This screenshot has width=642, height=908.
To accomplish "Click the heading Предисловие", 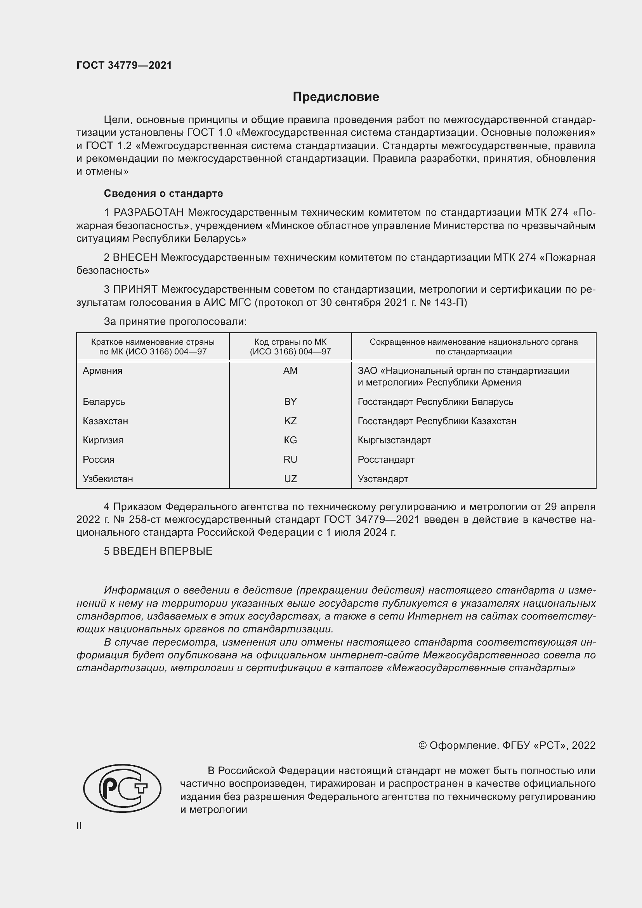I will [336, 97].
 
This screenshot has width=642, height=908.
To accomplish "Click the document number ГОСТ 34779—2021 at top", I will [124, 65].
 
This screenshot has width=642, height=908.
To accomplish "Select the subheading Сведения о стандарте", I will [163, 193].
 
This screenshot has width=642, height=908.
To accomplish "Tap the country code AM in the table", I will [290, 371].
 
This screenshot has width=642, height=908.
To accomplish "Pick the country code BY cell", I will [290, 401].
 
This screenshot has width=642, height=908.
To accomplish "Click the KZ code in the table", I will [290, 421].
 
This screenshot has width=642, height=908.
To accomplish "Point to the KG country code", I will [290, 440].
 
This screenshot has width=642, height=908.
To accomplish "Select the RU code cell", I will [290, 459].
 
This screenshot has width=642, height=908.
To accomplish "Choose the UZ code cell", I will [290, 479].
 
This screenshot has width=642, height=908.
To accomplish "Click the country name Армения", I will [103, 371].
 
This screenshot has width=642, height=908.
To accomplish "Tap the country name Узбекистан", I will [108, 479].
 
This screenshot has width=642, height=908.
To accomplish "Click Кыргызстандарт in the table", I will [394, 440].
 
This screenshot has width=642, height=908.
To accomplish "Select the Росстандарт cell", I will [386, 459].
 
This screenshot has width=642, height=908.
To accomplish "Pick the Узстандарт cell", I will [383, 479].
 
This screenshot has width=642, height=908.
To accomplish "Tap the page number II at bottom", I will [79, 826].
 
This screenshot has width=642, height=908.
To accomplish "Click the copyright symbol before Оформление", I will [422, 745].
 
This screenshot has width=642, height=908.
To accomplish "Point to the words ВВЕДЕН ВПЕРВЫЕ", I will [163, 551].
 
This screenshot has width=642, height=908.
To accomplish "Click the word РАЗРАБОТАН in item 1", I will [149, 213].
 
